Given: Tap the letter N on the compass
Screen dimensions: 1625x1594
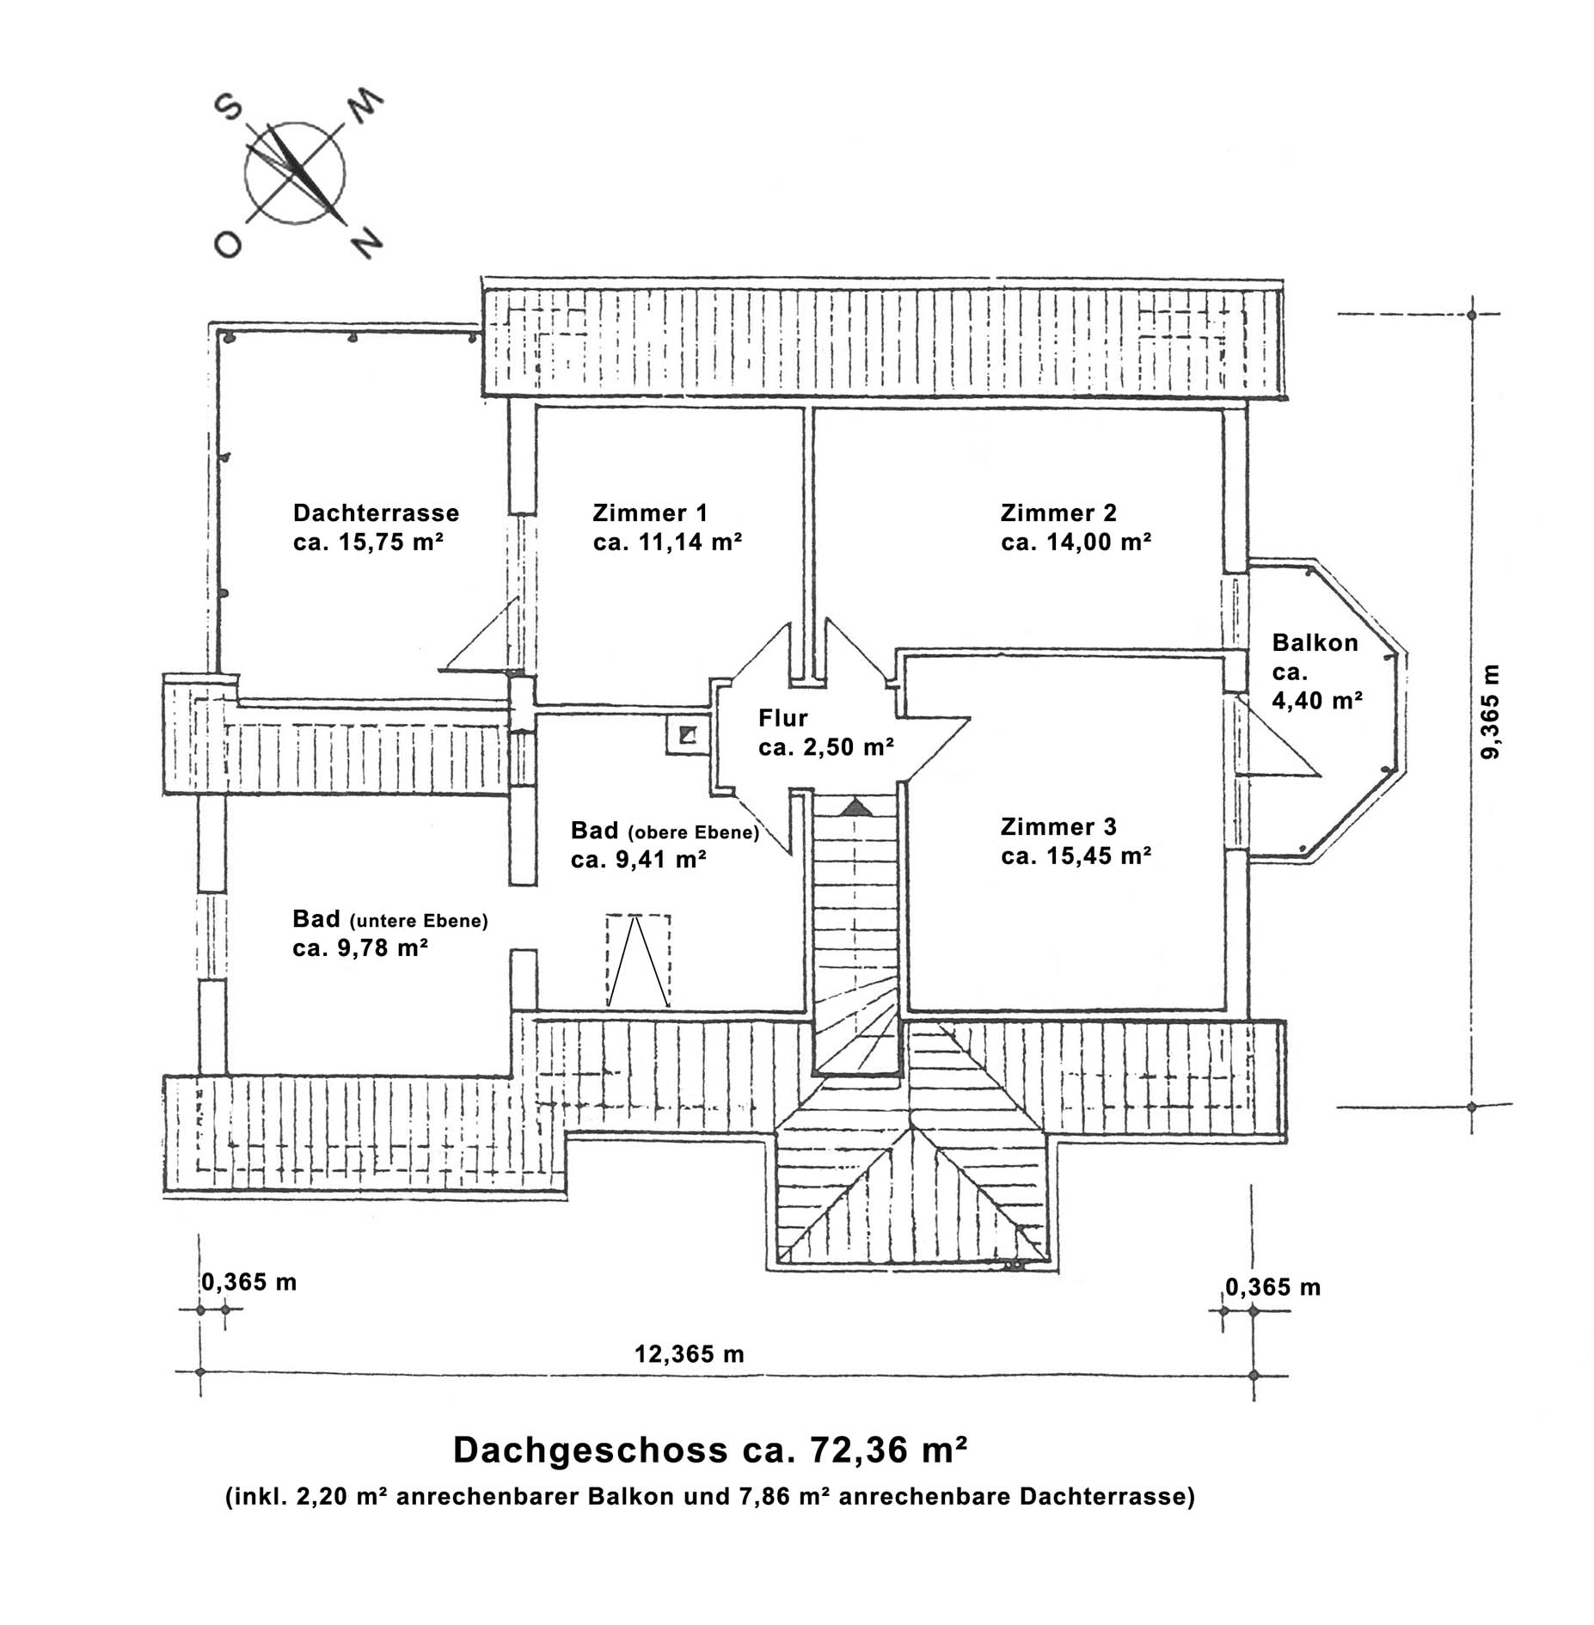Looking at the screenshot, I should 367,243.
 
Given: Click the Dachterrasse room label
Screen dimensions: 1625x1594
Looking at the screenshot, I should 376,513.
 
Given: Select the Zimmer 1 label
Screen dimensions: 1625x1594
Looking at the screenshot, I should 649,513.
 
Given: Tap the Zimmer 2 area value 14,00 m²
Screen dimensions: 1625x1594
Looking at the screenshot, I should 1098,543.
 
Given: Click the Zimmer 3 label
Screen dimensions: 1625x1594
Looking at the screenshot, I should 1058,827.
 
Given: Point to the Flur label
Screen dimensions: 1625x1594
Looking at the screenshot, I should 782,718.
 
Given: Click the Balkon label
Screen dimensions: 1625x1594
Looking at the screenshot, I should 1315,643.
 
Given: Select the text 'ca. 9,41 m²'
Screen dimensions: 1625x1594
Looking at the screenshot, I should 638,860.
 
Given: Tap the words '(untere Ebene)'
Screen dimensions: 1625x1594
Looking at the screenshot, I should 419,921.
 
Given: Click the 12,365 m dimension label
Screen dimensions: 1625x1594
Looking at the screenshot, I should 689,1354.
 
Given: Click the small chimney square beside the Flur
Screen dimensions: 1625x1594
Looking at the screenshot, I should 687,735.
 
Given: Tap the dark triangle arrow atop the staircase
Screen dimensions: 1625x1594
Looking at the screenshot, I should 855,806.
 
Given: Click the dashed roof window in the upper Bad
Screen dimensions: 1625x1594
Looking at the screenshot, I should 638,960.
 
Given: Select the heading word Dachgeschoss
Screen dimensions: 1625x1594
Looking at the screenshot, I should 590,1450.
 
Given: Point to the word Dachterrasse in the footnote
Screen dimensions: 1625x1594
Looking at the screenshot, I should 1107,1497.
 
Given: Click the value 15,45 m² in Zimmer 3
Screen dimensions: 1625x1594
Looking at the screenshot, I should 1098,856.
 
